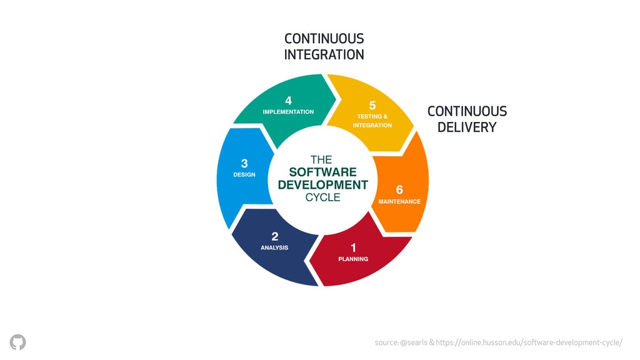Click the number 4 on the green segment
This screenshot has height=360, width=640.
[x=288, y=101]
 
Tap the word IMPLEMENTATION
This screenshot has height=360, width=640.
[x=288, y=112]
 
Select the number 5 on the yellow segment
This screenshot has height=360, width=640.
[x=372, y=105]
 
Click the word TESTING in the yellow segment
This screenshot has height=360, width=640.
[x=369, y=116]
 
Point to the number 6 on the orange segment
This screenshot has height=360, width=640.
[x=399, y=190]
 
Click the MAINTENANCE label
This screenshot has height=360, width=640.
[x=399, y=202]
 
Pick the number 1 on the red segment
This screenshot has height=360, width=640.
[x=353, y=247]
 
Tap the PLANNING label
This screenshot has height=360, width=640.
[x=353, y=259]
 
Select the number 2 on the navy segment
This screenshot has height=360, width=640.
[x=275, y=236]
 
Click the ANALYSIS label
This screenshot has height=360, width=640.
[x=274, y=247]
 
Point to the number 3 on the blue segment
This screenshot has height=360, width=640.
[x=244, y=163]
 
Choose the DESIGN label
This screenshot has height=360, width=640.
[x=244, y=175]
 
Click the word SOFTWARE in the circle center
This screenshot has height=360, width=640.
[x=323, y=172]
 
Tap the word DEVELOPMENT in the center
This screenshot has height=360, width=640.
[x=323, y=185]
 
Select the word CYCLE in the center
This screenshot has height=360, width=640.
[x=323, y=197]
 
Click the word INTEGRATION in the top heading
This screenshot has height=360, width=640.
[x=324, y=55]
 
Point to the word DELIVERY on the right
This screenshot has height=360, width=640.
[x=467, y=127]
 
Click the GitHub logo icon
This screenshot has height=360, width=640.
[x=18, y=342]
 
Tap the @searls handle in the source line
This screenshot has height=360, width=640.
[x=414, y=342]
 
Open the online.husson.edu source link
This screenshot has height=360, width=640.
[x=529, y=342]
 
